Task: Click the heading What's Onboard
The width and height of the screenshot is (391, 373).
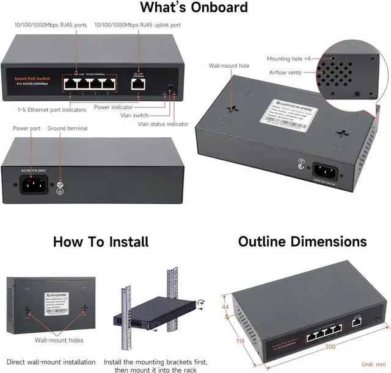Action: coord(194,8)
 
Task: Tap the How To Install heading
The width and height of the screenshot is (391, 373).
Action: coord(100,242)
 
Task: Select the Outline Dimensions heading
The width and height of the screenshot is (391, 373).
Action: coord(302,242)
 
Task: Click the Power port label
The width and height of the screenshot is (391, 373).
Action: coord(27,129)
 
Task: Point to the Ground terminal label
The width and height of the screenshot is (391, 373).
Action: coord(67,129)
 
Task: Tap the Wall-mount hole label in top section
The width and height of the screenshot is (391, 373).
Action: coord(229,65)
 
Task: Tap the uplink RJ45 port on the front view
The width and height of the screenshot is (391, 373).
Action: coord(138,85)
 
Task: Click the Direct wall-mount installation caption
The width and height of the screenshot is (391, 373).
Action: coord(50,362)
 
